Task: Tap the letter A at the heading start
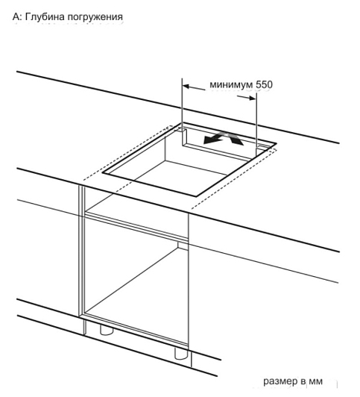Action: coord(16,16)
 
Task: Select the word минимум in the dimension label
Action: coord(231,84)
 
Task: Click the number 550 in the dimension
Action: coord(264,84)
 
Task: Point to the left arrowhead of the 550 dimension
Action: coord(186,87)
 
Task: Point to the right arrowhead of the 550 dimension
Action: coord(253,98)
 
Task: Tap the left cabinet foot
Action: coord(107,330)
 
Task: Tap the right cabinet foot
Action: coord(181,353)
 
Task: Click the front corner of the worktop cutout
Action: coord(196,196)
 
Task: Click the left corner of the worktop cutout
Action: coord(103,173)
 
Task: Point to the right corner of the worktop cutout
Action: coord(277,143)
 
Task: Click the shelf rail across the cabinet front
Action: coord(136,227)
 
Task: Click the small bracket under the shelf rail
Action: coord(183,245)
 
